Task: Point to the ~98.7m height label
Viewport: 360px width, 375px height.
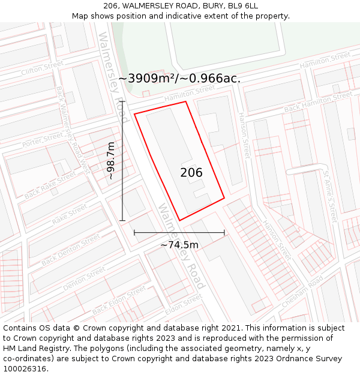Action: pyautogui.click(x=110, y=161)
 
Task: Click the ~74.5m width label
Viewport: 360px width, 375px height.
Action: pyautogui.click(x=179, y=244)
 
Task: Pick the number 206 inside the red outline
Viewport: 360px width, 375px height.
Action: pyautogui.click(x=191, y=173)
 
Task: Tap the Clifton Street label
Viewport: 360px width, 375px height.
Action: pyautogui.click(x=42, y=68)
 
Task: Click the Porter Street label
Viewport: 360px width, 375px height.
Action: pyautogui.click(x=43, y=140)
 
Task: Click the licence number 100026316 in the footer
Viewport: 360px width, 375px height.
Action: pyautogui.click(x=25, y=368)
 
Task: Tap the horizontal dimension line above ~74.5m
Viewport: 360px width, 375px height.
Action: pyautogui.click(x=179, y=232)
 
